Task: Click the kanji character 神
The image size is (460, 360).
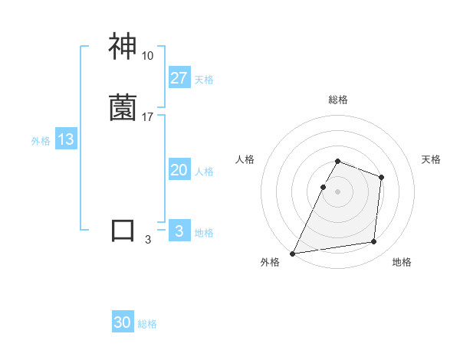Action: [x=123, y=47]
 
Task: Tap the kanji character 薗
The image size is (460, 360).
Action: [x=123, y=108]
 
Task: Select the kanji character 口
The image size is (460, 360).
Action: [x=123, y=231]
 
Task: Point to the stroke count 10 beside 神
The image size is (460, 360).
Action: [x=147, y=56]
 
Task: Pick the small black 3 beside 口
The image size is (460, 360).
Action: [x=148, y=240]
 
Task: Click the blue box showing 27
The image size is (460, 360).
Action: [x=179, y=78]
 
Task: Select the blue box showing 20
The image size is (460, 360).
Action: [x=179, y=171]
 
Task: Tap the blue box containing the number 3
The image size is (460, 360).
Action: [x=179, y=231]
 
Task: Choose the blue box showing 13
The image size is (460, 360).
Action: [x=66, y=139]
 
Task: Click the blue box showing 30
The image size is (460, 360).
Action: [x=123, y=323]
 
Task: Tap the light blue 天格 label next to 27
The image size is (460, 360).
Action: [x=204, y=80]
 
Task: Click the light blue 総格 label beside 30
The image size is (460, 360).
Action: [x=147, y=325]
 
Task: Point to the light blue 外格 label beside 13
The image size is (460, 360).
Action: [x=41, y=141]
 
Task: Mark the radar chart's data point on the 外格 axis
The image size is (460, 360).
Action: [x=293, y=254]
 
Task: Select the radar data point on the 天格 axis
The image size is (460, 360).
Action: [x=381, y=177]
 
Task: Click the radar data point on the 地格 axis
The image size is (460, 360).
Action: [x=374, y=242]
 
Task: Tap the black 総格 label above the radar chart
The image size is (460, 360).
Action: [x=338, y=100]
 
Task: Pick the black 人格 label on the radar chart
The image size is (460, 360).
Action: [x=245, y=159]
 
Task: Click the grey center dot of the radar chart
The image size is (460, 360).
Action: [x=338, y=191]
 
